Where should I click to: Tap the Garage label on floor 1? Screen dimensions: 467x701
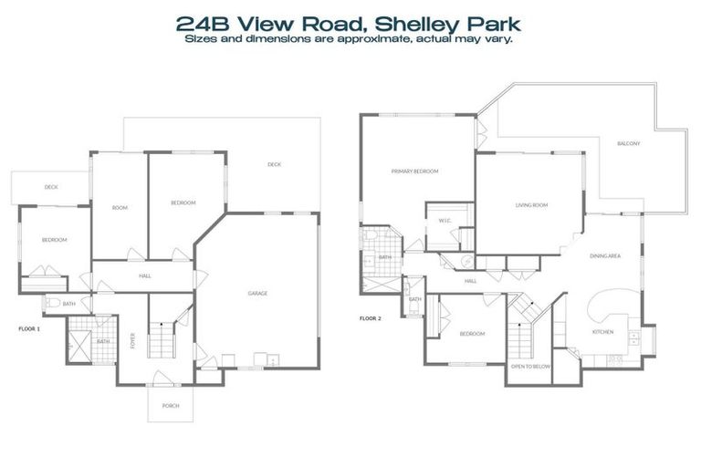point(257,294)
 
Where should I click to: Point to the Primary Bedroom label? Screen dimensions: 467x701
point(415,171)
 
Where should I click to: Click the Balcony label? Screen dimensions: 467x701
point(628,144)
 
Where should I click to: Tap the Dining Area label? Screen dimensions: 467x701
point(605,256)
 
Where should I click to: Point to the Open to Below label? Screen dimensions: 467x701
point(528,367)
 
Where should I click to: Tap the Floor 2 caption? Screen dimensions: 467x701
point(370,318)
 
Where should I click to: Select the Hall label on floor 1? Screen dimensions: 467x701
point(144,275)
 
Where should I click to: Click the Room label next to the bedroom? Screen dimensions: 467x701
point(119,208)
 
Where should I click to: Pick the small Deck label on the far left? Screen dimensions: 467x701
point(51,187)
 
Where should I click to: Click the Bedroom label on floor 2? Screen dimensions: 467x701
point(471,334)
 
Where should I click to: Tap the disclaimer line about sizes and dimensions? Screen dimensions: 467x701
point(350,39)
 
